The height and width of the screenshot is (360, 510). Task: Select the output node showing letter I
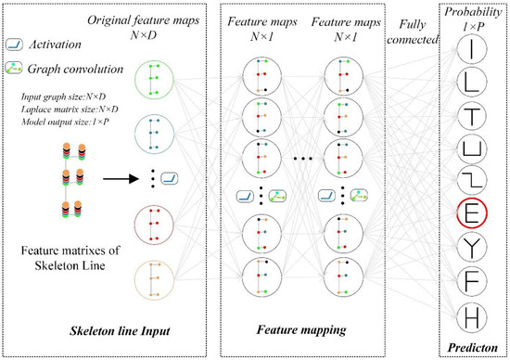(472, 47)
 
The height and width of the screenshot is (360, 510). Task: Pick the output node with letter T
(472, 116)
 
